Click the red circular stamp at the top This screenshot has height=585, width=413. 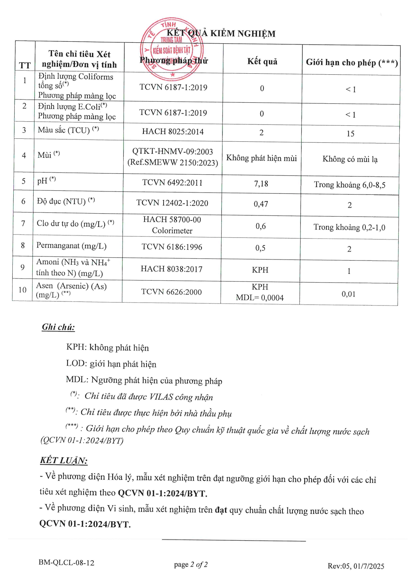(x=172, y=49)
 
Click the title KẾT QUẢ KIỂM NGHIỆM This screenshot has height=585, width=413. (x=221, y=33)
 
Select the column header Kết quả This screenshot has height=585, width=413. (x=262, y=61)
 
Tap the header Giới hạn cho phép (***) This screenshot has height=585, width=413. (x=352, y=63)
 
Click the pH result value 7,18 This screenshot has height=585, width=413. (x=261, y=183)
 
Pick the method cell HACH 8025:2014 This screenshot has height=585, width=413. (x=173, y=131)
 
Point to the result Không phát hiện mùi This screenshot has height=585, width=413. (x=261, y=158)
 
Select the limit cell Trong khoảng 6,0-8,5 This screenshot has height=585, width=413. (x=350, y=185)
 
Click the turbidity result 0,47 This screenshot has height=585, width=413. (x=261, y=204)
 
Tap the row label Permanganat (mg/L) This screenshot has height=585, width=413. (x=71, y=246)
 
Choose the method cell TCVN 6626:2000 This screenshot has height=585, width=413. (x=172, y=292)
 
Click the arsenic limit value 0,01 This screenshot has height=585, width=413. (x=348, y=294)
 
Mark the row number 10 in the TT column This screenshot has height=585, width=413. (x=22, y=290)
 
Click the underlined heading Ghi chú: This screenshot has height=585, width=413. (x=58, y=327)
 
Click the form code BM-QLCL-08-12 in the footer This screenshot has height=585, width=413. (x=66, y=563)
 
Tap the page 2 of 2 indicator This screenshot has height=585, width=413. (x=191, y=564)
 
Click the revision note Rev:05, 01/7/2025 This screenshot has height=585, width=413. (x=356, y=566)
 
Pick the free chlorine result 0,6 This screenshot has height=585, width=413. (x=261, y=226)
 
